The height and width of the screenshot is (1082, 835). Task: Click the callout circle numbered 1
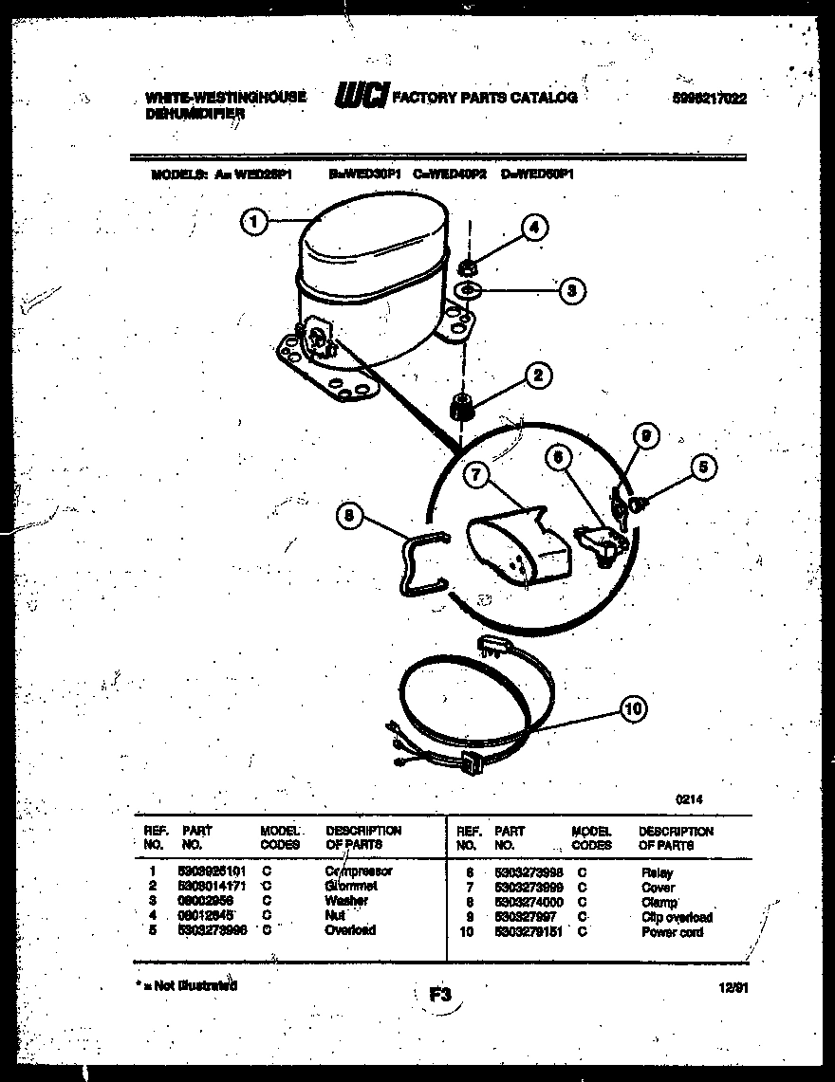point(252,222)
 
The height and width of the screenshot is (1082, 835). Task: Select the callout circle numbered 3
point(570,291)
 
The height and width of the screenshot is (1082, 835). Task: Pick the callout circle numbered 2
point(537,376)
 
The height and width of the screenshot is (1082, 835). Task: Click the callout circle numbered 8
point(351,517)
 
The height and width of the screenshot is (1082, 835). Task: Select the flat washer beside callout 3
point(469,289)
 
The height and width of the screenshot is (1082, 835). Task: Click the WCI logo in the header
point(361,96)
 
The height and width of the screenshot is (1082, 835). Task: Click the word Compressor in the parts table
point(358,871)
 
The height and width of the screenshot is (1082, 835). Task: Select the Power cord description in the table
point(672,932)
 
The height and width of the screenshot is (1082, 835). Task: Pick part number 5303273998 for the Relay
point(529,871)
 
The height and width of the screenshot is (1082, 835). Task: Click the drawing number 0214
point(689,799)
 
